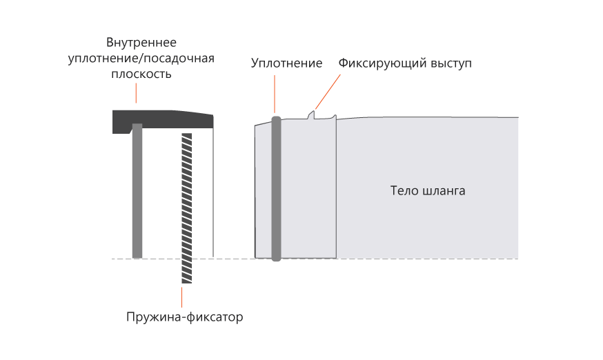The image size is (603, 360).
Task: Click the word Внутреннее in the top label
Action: [x=141, y=42]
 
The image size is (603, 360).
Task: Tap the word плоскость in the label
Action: [x=141, y=73]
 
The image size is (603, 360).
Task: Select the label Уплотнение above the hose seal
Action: [x=286, y=63]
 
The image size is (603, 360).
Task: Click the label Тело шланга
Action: [x=428, y=190]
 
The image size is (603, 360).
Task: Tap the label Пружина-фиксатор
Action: [x=186, y=318]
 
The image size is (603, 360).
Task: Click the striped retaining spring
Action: [x=186, y=207]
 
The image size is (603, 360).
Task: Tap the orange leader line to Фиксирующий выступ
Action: [x=328, y=90]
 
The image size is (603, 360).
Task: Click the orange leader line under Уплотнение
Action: [x=275, y=93]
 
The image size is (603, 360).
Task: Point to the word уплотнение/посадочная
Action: [x=141, y=58]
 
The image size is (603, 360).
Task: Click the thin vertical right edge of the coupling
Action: [x=213, y=193]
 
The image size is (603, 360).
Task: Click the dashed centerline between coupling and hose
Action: [x=235, y=259]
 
